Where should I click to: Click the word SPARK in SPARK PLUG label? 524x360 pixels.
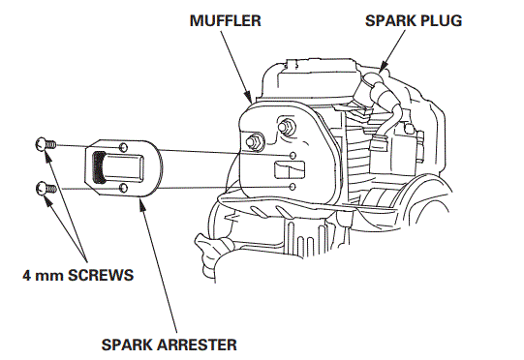387,19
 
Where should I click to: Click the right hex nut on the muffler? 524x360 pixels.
288,126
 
